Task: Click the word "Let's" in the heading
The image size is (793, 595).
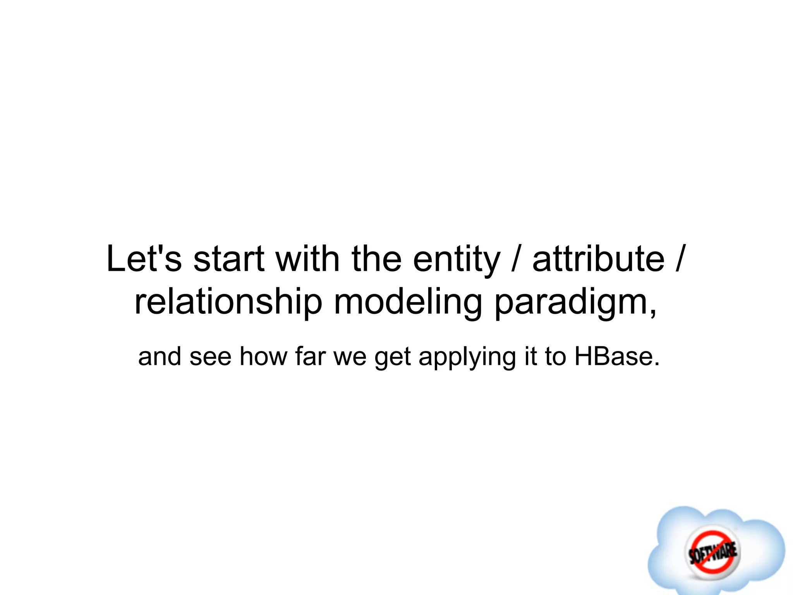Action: click(x=144, y=259)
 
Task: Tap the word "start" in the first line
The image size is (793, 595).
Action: click(x=229, y=259)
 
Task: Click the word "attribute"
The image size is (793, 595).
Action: click(x=599, y=259)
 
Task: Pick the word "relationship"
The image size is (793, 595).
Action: click(x=228, y=303)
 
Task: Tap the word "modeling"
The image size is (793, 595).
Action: click(x=408, y=303)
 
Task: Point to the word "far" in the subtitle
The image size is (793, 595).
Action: click(x=310, y=356)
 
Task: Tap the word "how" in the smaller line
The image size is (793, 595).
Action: click(x=264, y=356)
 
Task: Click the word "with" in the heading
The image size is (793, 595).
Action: click(x=308, y=259)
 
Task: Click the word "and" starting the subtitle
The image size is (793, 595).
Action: click(x=160, y=356)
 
